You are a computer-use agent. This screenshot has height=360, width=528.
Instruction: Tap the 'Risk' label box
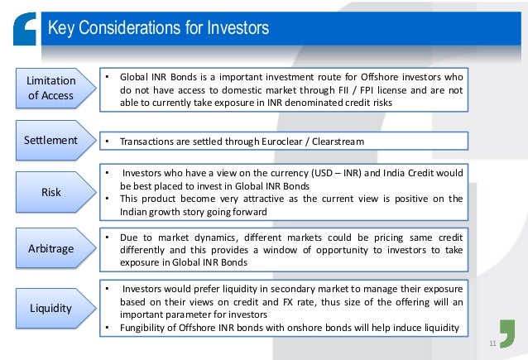[51, 192]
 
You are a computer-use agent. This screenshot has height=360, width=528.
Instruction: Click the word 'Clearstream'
[337, 142]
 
